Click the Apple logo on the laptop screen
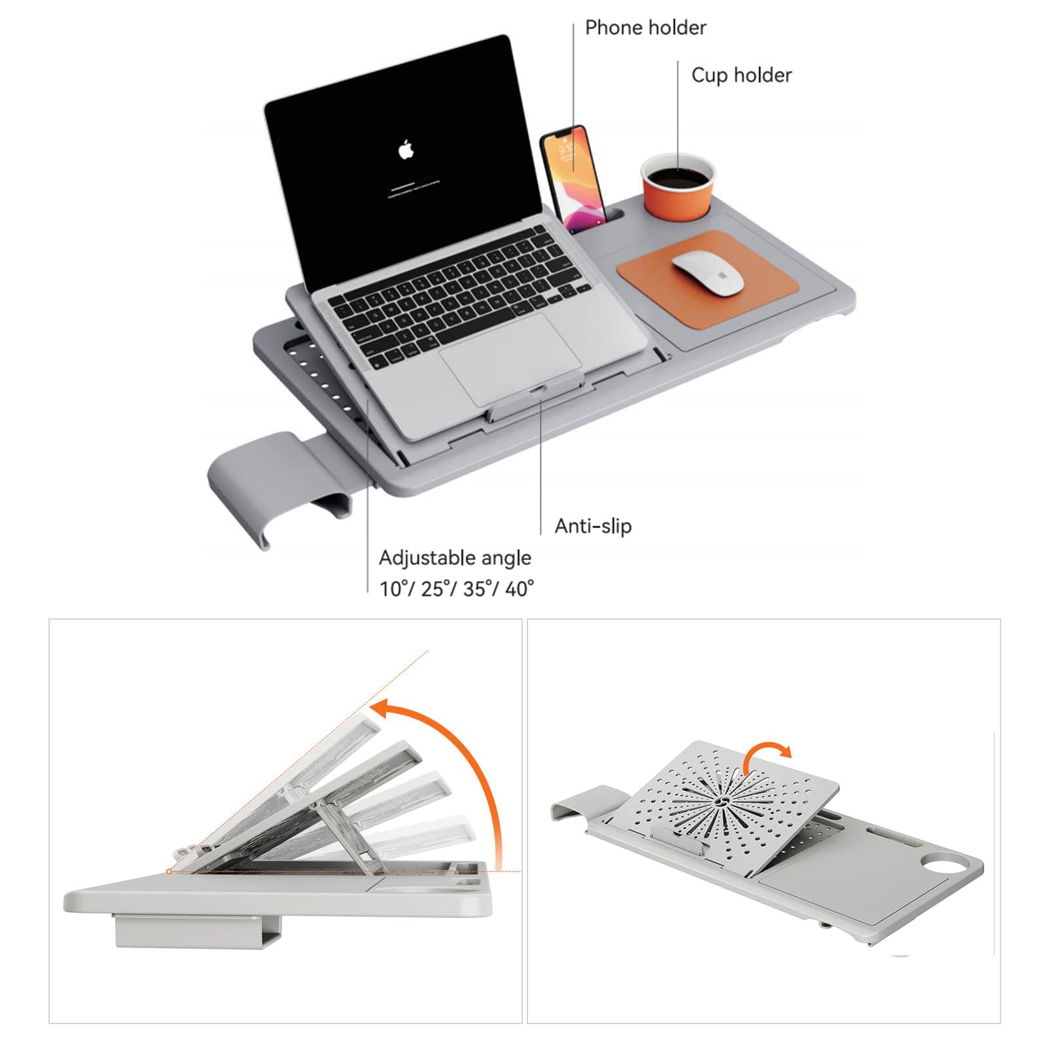[x=406, y=150]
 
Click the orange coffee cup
[x=677, y=186]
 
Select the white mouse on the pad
[x=708, y=274]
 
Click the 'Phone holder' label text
[x=645, y=28]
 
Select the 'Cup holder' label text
[x=741, y=75]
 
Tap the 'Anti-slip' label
[x=593, y=525]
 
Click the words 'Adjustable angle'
[x=455, y=558]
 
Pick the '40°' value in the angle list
[x=519, y=589]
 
